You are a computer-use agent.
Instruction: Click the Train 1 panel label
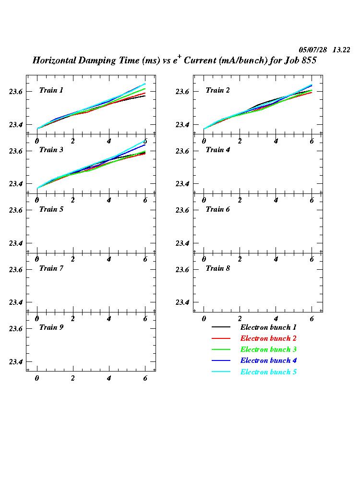(51, 90)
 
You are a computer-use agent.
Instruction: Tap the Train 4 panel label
(218, 150)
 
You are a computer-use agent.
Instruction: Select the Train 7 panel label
(51, 268)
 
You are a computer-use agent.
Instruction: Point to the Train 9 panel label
(51, 327)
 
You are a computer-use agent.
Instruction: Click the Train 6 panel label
(218, 209)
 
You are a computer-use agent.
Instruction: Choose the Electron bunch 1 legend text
(268, 327)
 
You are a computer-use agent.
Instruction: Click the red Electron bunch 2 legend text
(268, 338)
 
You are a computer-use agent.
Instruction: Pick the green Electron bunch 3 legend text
(268, 349)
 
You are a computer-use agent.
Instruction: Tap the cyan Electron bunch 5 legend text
(268, 372)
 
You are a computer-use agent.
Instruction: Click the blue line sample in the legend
(221, 361)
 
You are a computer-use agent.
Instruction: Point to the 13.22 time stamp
(341, 50)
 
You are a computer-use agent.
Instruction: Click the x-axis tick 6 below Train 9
(145, 378)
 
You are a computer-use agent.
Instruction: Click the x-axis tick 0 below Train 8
(204, 319)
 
